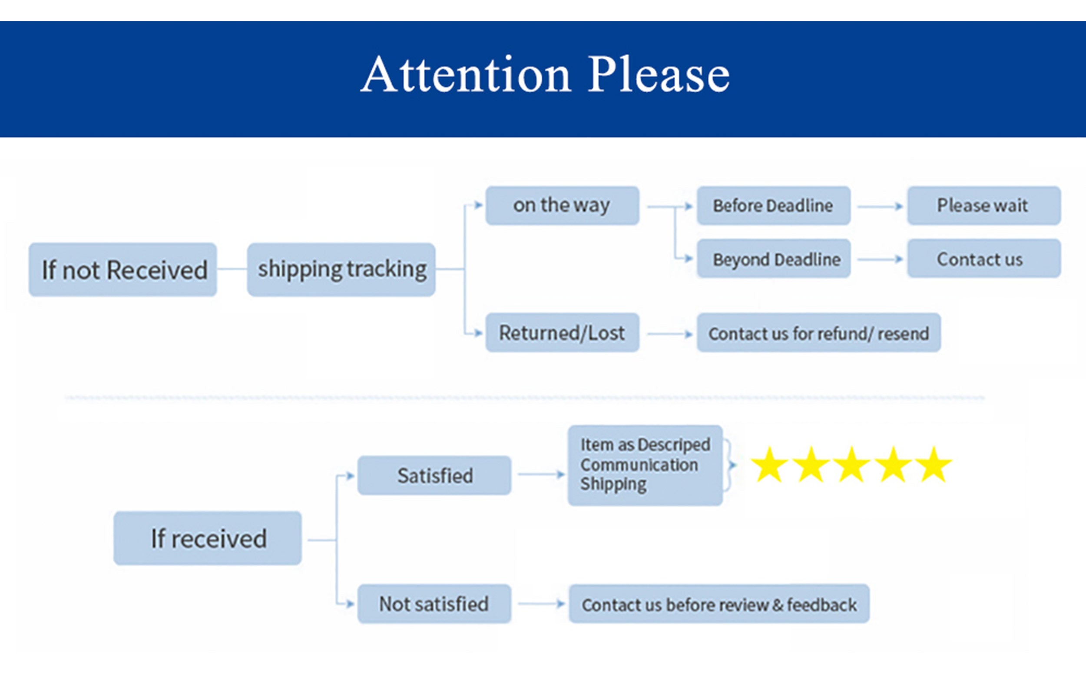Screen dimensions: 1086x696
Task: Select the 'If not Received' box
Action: [x=123, y=270]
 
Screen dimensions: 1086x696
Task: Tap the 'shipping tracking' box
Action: [x=341, y=270]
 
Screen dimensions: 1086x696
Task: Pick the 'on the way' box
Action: [x=562, y=206]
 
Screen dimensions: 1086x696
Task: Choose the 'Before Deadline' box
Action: [x=774, y=206]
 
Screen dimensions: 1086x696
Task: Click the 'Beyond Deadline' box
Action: [x=774, y=259]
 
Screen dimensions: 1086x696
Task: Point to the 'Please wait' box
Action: [x=984, y=206]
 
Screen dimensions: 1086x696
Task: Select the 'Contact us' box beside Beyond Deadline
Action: [x=984, y=259]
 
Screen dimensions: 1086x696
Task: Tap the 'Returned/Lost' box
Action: [x=562, y=333]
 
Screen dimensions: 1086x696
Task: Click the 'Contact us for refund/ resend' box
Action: [x=819, y=333]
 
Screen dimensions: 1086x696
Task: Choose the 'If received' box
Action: [x=208, y=538]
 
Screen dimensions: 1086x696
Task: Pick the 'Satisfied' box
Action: [x=434, y=476]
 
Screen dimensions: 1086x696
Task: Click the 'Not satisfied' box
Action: [x=434, y=604]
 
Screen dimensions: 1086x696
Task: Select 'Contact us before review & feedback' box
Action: [x=719, y=604]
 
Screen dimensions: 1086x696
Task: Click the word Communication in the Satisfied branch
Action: [x=639, y=465]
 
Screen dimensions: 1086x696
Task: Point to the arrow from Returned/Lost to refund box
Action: [x=670, y=334]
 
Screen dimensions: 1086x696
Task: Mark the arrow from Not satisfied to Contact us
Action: [x=541, y=604]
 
